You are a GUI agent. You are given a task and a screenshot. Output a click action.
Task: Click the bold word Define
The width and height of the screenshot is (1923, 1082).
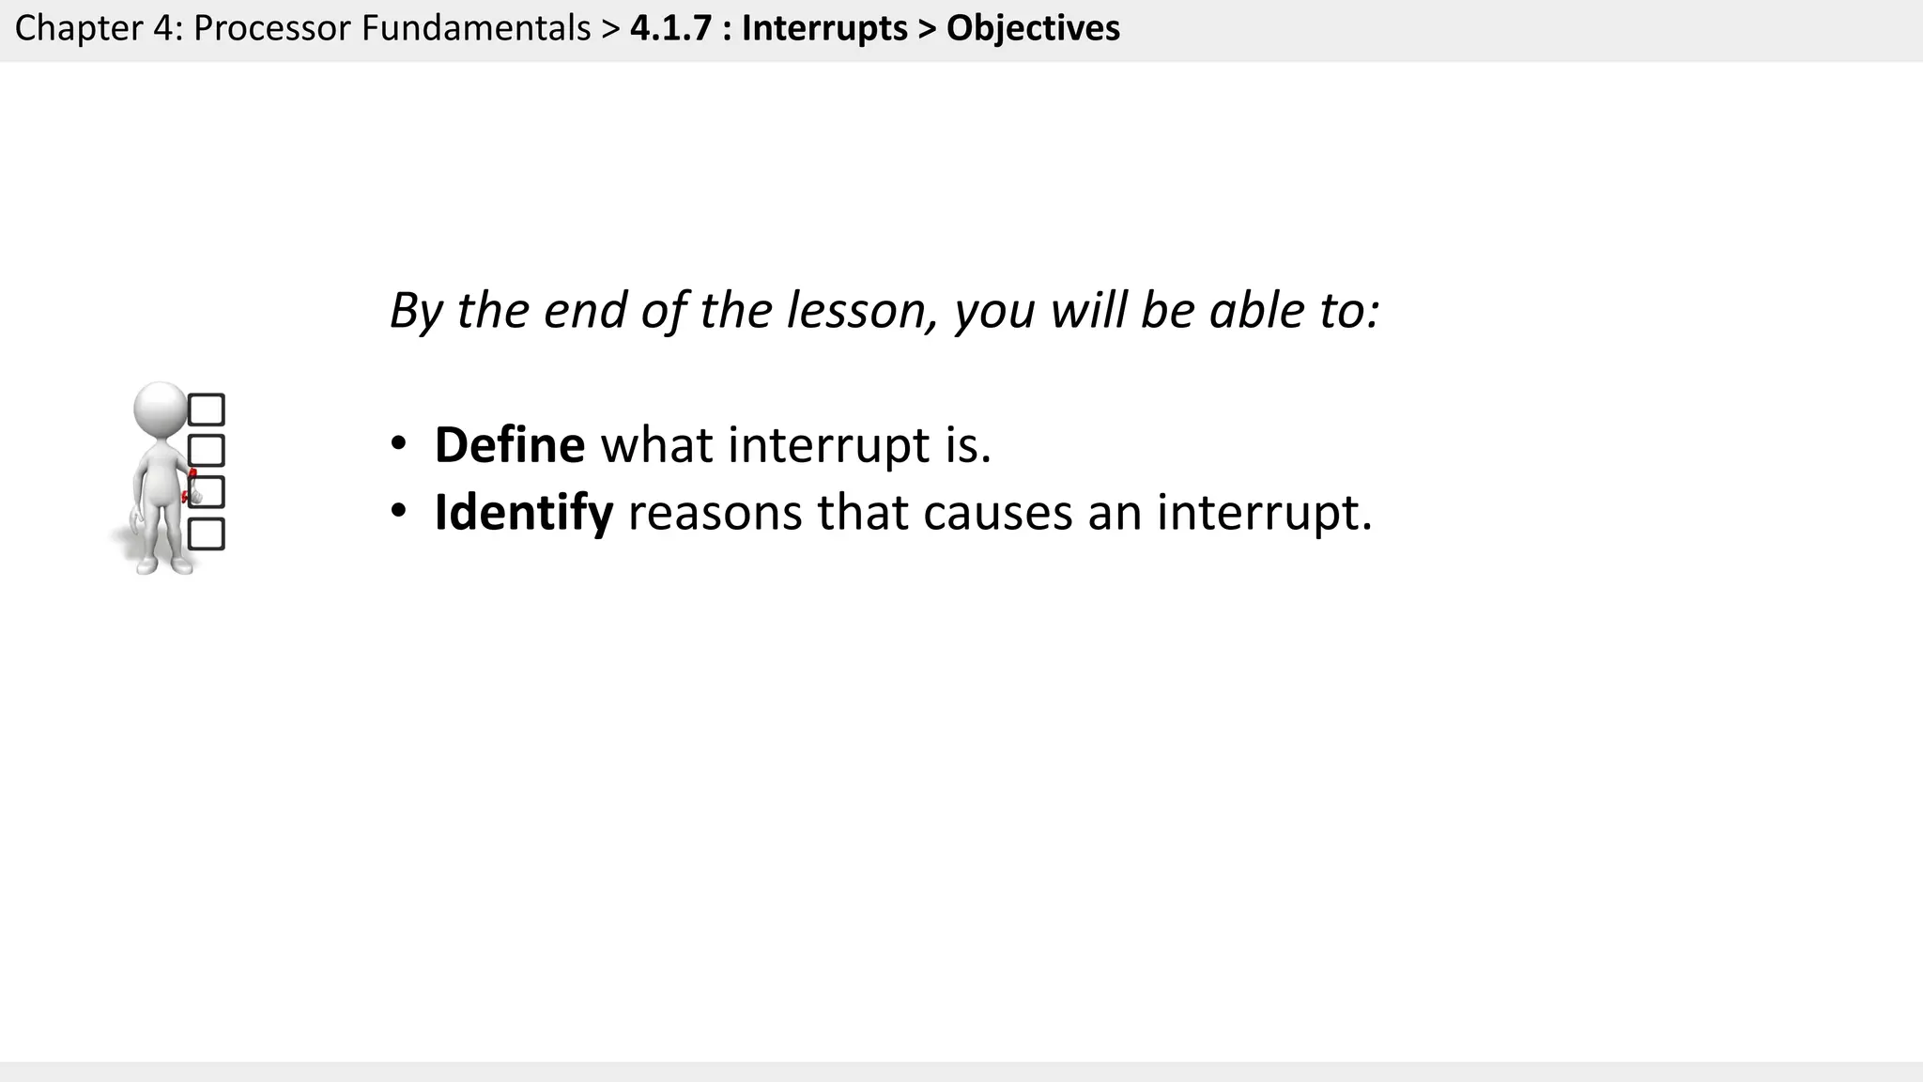click(x=509, y=445)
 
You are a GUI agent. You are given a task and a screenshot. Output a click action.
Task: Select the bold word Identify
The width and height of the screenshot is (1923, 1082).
click(x=523, y=513)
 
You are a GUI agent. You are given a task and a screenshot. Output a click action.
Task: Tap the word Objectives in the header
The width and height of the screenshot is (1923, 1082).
click(x=1033, y=28)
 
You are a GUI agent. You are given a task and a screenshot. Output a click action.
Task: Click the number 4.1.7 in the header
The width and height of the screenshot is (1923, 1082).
click(x=670, y=28)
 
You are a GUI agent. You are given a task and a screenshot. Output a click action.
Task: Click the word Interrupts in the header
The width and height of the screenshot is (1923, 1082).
click(x=824, y=28)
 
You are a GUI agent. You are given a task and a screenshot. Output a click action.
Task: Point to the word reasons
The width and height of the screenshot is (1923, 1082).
click(x=715, y=513)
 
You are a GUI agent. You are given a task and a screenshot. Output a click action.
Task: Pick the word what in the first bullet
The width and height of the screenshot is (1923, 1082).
click(x=656, y=445)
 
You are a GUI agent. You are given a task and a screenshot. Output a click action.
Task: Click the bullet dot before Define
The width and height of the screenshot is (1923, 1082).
click(x=398, y=443)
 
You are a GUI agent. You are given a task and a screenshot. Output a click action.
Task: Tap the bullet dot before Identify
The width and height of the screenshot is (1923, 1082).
click(x=398, y=511)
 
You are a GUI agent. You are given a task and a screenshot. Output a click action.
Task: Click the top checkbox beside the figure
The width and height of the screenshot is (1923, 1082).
click(x=207, y=410)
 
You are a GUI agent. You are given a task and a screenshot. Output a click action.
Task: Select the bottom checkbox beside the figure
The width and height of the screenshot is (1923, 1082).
click(x=207, y=533)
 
